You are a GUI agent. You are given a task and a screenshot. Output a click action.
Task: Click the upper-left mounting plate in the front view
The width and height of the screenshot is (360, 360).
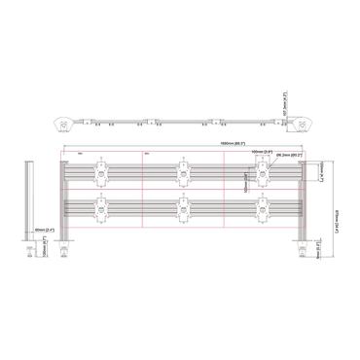pos(98,173)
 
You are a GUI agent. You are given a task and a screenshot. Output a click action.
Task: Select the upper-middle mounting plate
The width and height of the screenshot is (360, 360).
pos(181,173)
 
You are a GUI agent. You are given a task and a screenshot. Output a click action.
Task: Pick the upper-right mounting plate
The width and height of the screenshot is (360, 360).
pos(264,173)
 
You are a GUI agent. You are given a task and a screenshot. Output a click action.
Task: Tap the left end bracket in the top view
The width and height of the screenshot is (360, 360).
pos(60,124)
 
